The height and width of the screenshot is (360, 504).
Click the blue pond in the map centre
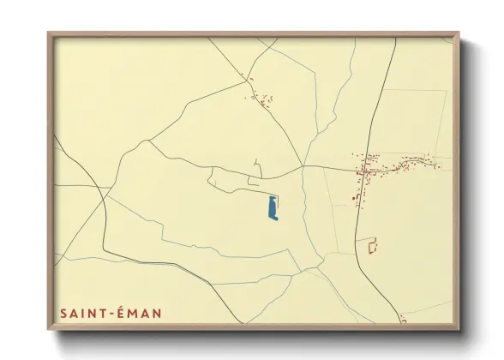pos(273,208)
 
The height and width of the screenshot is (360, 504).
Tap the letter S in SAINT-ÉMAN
pos(63,315)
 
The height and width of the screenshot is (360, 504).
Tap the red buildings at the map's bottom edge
pos(403,321)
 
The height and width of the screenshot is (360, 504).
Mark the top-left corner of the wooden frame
pos(49,34)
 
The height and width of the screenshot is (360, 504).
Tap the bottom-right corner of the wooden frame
pos(458,328)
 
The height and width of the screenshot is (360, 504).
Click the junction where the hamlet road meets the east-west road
pos(302,165)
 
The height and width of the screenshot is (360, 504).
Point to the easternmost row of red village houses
pos(420,160)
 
